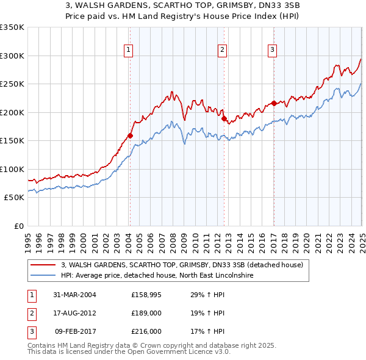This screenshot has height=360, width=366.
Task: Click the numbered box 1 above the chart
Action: tap(129, 51)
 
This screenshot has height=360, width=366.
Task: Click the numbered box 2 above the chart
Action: tap(223, 51)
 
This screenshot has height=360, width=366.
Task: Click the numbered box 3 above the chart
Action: tap(272, 51)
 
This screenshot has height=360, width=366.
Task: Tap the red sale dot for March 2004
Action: tap(130, 135)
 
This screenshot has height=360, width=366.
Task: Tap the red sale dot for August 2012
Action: tap(224, 118)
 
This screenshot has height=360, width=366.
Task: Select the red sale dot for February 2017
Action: tap(274, 103)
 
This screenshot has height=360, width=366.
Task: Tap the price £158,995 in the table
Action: tap(145, 294)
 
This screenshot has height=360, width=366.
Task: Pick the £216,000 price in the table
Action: tap(146, 332)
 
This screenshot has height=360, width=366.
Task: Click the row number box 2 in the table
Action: tap(30, 313)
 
